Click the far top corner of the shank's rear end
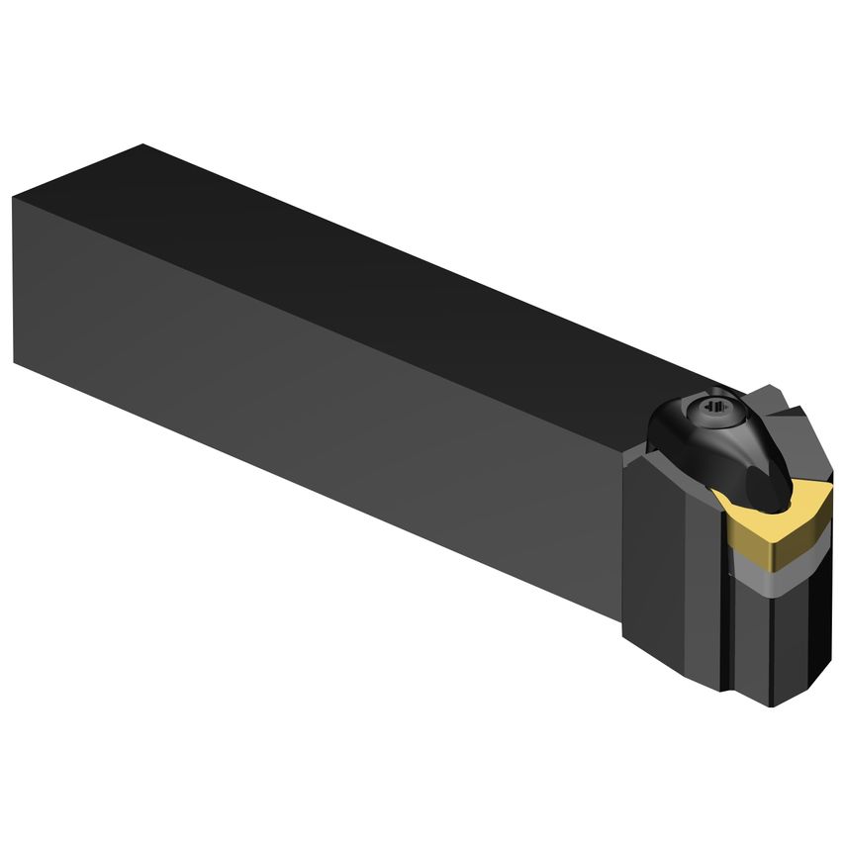click(x=143, y=145)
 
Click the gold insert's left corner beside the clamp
click(x=719, y=496)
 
